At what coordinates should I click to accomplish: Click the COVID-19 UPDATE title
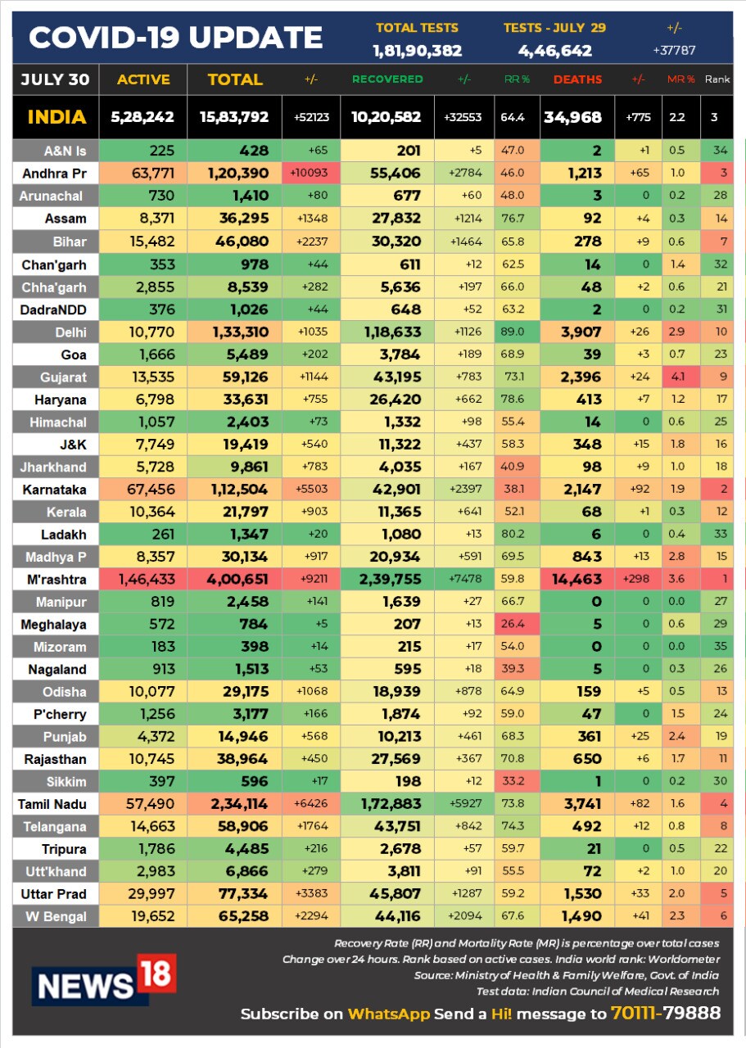pyautogui.click(x=176, y=37)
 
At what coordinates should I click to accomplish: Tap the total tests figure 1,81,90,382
pyautogui.click(x=417, y=51)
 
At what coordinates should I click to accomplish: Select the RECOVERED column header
pyautogui.click(x=387, y=79)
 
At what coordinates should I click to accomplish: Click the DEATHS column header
pyautogui.click(x=577, y=79)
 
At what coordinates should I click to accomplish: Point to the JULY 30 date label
pyautogui.click(x=55, y=79)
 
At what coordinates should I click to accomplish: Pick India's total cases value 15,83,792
pyautogui.click(x=234, y=117)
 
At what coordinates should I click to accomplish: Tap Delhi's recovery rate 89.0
pyautogui.click(x=515, y=332)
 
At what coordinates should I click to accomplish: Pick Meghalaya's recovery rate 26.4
pyautogui.click(x=513, y=624)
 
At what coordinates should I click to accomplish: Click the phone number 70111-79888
pyautogui.click(x=665, y=1014)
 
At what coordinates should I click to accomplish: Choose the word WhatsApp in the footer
pyautogui.click(x=388, y=1014)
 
